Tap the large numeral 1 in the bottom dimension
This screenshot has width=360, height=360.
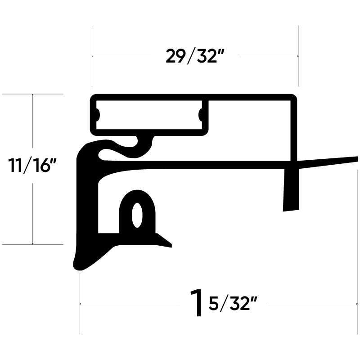(x=197, y=304)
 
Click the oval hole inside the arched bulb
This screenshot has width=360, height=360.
(x=136, y=216)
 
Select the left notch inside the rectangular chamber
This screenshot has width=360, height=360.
(x=97, y=114)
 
